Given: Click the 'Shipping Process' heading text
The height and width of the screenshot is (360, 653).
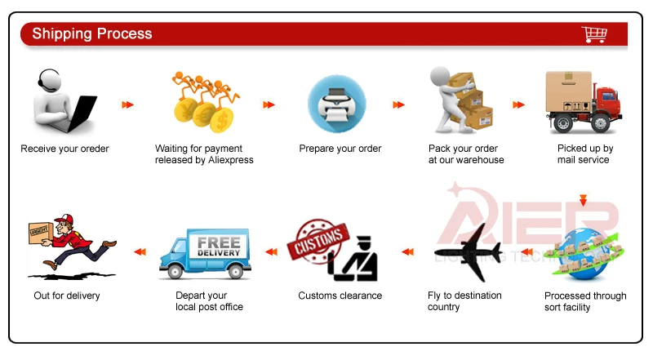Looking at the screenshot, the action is click(x=91, y=33).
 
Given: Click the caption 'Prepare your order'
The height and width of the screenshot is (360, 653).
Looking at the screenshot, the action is click(x=340, y=149).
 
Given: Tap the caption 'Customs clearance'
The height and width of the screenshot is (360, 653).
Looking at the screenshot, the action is click(x=340, y=296).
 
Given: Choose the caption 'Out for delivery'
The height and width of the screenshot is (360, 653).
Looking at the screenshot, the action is click(x=67, y=296).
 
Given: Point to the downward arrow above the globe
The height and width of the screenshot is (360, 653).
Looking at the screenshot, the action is click(x=582, y=200).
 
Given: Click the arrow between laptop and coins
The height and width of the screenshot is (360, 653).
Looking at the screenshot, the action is click(x=127, y=104).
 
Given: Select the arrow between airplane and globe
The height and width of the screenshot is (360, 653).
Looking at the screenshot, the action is click(x=527, y=251).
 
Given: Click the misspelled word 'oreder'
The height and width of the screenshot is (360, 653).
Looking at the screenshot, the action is click(x=93, y=149).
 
